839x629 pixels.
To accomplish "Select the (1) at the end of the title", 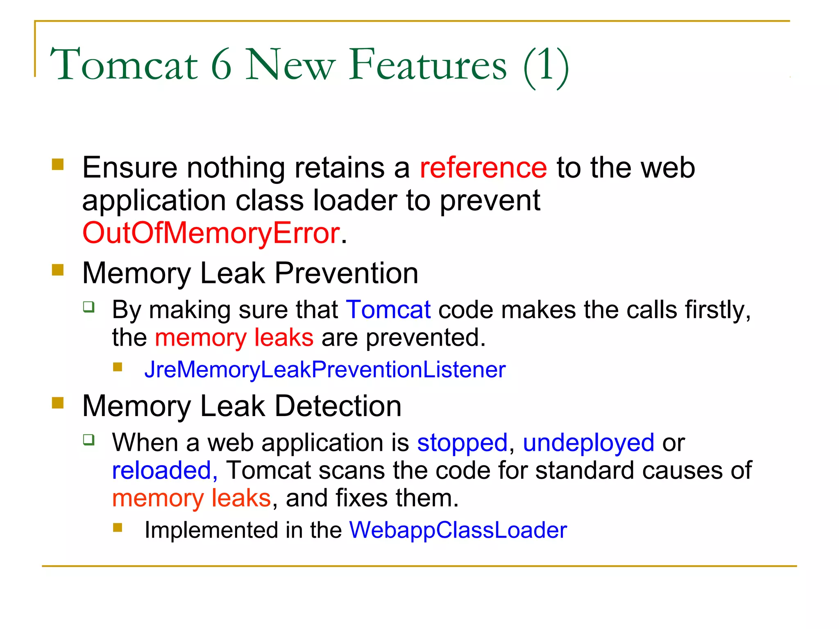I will pyautogui.click(x=546, y=66).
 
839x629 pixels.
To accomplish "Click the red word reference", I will pyautogui.click(x=483, y=168).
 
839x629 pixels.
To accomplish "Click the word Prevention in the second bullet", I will pyautogui.click(x=346, y=273).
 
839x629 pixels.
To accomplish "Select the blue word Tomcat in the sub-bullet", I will pyautogui.click(x=388, y=310).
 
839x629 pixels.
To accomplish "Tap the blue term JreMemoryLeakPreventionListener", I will pyautogui.click(x=325, y=370).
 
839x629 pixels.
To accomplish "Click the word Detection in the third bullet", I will pyautogui.click(x=338, y=406).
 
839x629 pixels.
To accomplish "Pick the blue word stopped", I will pyautogui.click(x=462, y=443).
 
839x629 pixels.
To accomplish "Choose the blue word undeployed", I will pyautogui.click(x=588, y=443).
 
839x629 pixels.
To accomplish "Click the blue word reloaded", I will pyautogui.click(x=162, y=471).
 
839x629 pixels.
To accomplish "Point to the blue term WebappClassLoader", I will pyautogui.click(x=458, y=530).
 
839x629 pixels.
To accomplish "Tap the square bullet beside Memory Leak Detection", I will pyautogui.click(x=58, y=403).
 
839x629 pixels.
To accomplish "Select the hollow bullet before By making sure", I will pyautogui.click(x=89, y=307).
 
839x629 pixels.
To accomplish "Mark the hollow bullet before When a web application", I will pyautogui.click(x=89, y=440).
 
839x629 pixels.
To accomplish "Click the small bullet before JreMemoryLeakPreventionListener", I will pyautogui.click(x=118, y=367).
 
